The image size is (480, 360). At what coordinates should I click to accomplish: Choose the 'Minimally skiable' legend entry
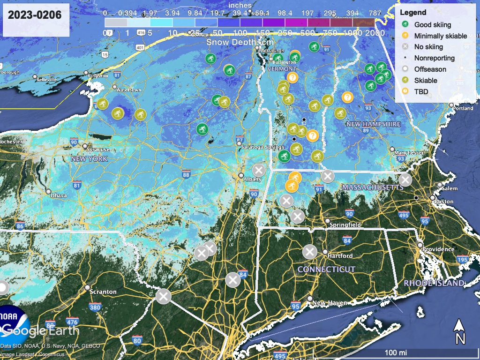pos(440,36)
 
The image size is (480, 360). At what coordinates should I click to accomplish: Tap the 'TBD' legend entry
pos(421,91)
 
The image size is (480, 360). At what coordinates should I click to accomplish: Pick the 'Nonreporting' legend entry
pos(434,58)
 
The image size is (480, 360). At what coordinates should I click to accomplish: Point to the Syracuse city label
pos(98,150)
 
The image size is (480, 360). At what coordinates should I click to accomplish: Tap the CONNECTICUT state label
pos(326,270)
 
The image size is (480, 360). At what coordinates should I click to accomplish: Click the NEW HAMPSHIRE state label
pos(374,124)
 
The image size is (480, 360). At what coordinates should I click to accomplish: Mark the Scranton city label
pos(104,292)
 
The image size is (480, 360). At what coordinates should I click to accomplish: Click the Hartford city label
pos(340,256)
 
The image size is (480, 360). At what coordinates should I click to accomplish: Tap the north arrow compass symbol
pos(460,331)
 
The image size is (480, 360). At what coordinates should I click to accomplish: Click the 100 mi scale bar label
pos(396,352)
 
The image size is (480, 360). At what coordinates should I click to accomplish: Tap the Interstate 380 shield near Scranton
pos(95,307)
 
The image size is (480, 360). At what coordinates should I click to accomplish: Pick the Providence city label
pos(438,249)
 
